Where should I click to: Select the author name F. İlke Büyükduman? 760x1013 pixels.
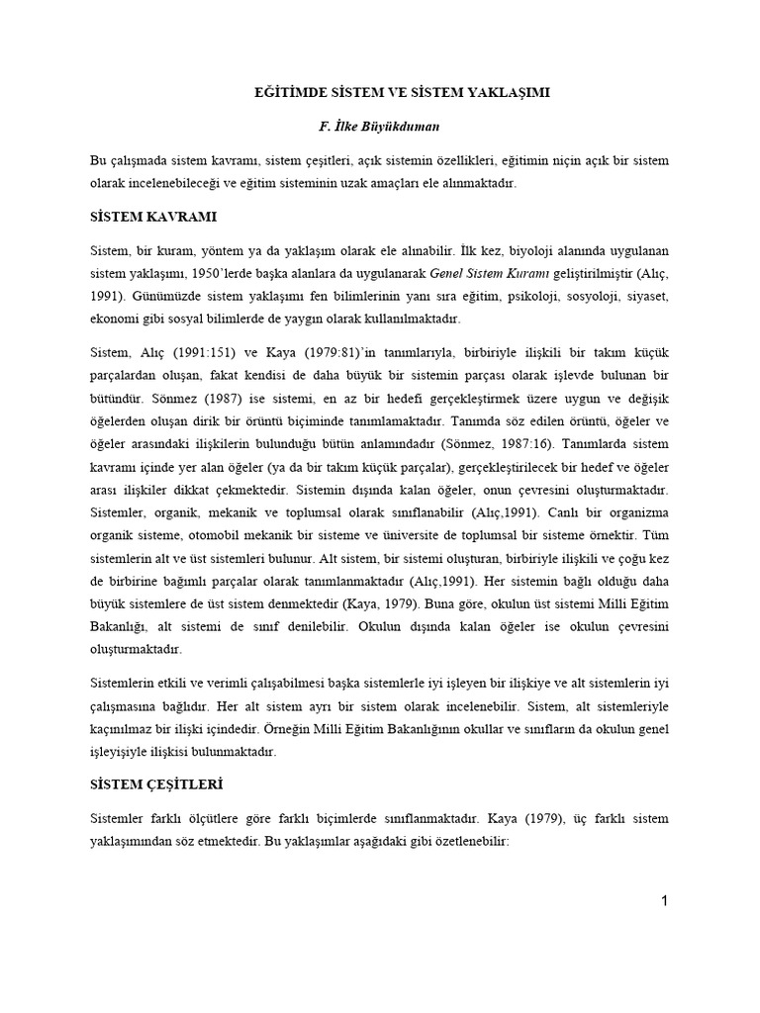coord(379,128)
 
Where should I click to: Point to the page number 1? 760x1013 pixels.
coord(665,900)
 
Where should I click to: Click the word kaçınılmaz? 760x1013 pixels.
coord(120,728)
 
